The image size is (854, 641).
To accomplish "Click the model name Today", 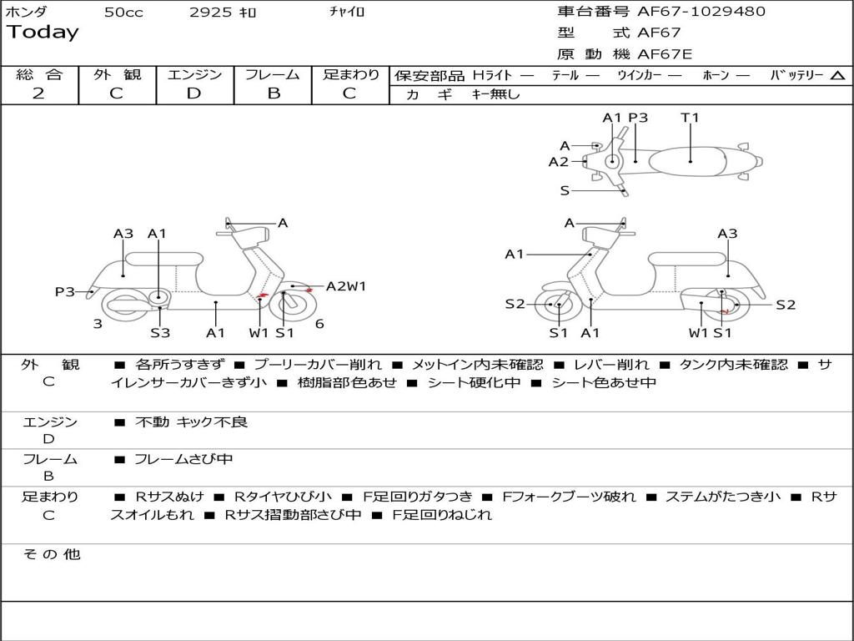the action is [43, 33].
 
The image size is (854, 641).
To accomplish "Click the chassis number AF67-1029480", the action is [701, 12].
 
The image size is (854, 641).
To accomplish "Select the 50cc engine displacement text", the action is [123, 13].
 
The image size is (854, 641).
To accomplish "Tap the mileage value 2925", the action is [210, 13].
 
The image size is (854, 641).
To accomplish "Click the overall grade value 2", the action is [38, 93].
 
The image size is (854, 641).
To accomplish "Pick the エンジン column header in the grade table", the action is [194, 74].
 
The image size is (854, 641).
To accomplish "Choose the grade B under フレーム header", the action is [273, 93].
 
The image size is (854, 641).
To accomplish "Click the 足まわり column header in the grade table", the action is [351, 74].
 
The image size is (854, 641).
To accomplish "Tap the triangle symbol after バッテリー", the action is [837, 75].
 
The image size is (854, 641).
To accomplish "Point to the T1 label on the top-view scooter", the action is [690, 118].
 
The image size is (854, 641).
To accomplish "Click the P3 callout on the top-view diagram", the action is [638, 118].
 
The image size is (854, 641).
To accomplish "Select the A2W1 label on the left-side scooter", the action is [346, 286].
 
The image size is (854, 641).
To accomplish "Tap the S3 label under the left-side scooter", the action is [160, 333].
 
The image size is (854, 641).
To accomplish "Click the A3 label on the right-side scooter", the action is [727, 234].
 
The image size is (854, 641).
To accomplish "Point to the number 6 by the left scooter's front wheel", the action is [319, 324].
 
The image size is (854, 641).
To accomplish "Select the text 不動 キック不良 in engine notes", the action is [191, 422].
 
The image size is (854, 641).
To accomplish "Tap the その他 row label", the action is [51, 554].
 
